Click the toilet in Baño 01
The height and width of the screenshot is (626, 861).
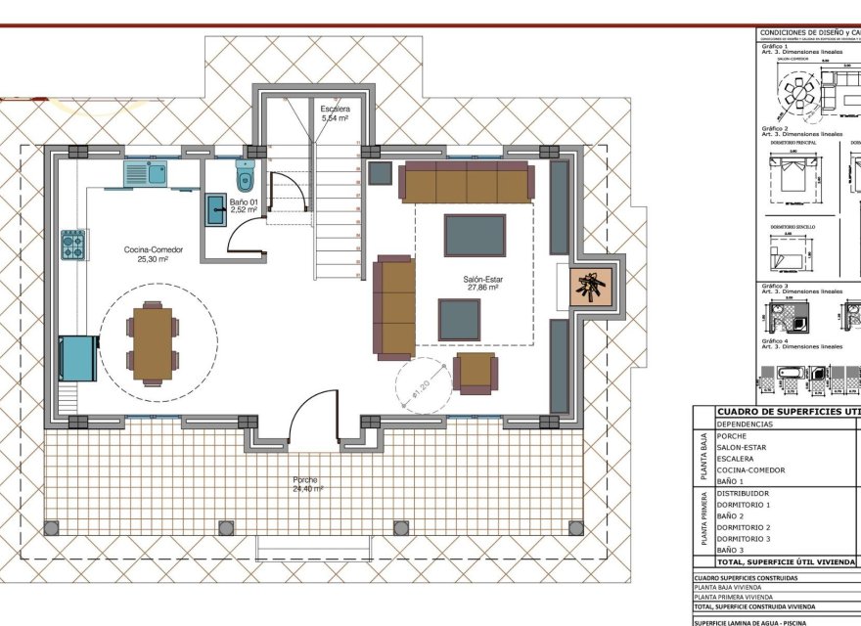[245, 177]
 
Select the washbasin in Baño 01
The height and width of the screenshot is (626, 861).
[215, 210]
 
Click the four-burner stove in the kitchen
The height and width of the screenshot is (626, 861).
[74, 245]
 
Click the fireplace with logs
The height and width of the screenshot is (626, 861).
[591, 288]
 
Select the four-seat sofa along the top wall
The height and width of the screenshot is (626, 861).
[468, 182]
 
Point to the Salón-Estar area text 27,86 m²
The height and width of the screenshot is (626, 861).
[482, 289]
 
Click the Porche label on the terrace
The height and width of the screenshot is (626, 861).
[305, 480]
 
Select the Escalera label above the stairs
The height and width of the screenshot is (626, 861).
[335, 109]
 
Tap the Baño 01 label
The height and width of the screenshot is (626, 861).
[243, 201]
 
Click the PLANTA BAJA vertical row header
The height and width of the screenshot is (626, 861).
[702, 458]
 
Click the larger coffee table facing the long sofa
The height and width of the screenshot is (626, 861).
[475, 235]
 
